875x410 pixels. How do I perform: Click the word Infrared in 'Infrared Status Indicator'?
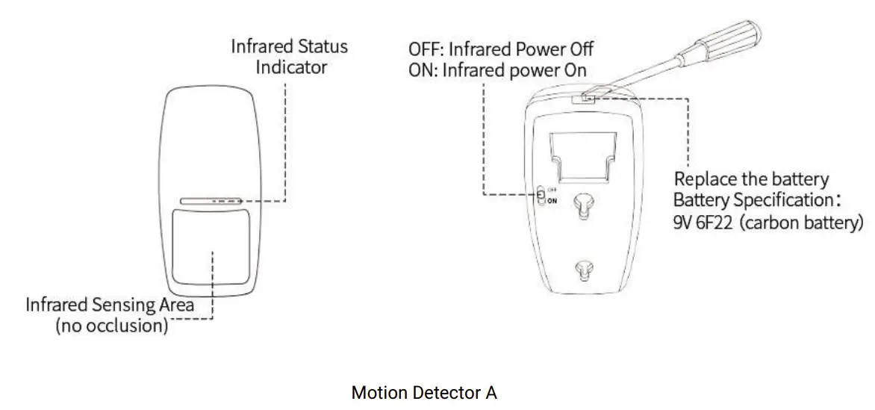(x=262, y=46)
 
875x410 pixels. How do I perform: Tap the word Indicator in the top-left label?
(x=291, y=66)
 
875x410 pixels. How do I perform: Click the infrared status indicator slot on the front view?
(x=210, y=201)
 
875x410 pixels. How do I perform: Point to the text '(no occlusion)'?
(x=112, y=326)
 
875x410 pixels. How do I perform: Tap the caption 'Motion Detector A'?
(x=423, y=393)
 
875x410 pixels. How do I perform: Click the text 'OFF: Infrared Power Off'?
(x=500, y=50)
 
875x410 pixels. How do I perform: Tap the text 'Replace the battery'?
(x=751, y=179)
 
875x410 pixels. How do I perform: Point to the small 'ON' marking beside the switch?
(x=552, y=201)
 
